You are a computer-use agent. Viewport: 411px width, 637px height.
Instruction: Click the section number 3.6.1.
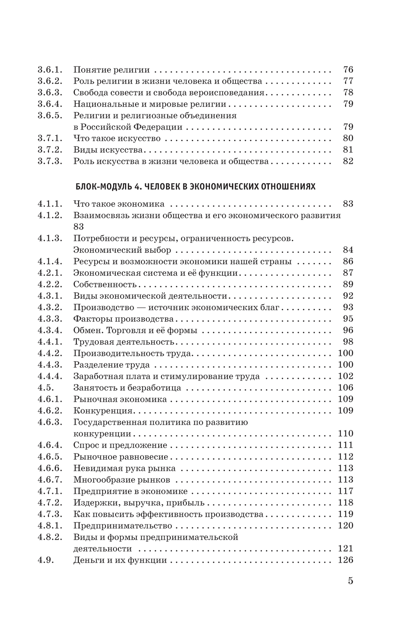pos(50,70)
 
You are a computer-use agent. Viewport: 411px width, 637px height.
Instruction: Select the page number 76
pos(348,70)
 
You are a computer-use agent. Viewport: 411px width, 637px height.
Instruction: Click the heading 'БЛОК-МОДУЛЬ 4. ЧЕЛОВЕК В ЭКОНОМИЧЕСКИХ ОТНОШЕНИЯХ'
pos(196,187)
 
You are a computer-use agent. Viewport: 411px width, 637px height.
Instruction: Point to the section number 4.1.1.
pos(50,204)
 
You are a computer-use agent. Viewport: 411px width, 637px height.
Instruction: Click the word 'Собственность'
pos(105,284)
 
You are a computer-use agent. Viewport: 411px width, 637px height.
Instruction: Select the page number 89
pos(348,284)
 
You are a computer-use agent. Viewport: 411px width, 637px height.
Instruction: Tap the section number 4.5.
pos(46,388)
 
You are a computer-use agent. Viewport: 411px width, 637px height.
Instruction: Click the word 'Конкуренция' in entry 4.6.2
pos(103,411)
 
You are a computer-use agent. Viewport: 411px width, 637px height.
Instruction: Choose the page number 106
pos(345,388)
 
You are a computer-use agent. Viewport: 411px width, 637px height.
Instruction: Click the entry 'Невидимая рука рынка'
pos(125,468)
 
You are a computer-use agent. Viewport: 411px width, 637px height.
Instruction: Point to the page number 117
pos(345,491)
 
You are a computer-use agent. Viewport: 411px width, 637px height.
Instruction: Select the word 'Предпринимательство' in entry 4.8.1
pos(122,526)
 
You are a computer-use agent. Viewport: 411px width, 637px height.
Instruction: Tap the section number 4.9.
pos(46,560)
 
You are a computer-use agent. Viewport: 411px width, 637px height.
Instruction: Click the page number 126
pos(345,560)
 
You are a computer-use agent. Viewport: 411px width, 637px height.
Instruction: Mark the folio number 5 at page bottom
pos(350,581)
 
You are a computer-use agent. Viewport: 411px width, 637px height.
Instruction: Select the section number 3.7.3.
pos(50,161)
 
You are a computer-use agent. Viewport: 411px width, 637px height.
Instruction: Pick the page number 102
pos(345,376)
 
